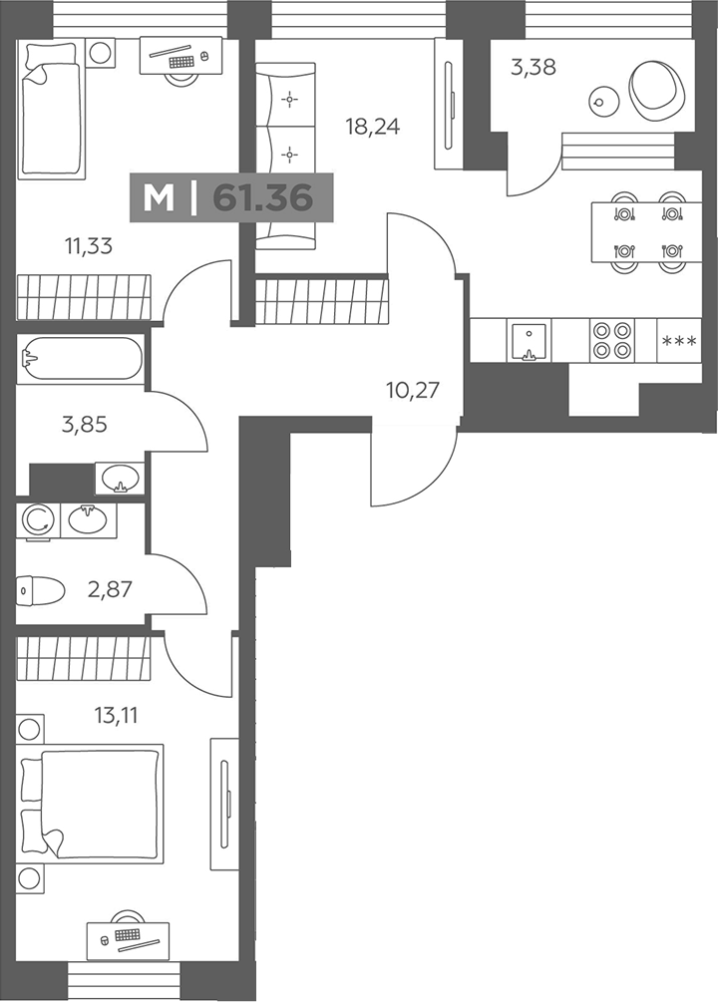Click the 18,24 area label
tap(373, 127)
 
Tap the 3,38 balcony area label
tap(534, 67)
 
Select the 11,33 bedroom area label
tap(88, 244)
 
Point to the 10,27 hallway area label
tap(413, 389)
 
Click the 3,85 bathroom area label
tap(85, 424)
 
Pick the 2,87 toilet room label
tap(110, 589)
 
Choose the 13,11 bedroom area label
tap(116, 715)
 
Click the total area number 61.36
tap(263, 197)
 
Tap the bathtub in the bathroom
tap(81, 359)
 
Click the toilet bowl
tap(40, 591)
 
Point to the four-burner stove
tap(612, 340)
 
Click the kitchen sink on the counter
tap(529, 341)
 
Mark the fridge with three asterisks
tap(679, 341)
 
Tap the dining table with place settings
tap(646, 232)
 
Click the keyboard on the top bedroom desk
tap(181, 62)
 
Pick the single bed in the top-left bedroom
tap(51, 109)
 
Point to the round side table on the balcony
tap(603, 101)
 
